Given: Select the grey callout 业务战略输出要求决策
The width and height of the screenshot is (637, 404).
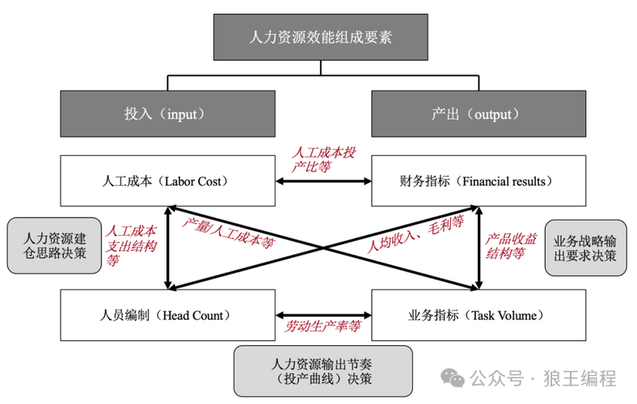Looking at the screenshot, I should pyautogui.click(x=585, y=246).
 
